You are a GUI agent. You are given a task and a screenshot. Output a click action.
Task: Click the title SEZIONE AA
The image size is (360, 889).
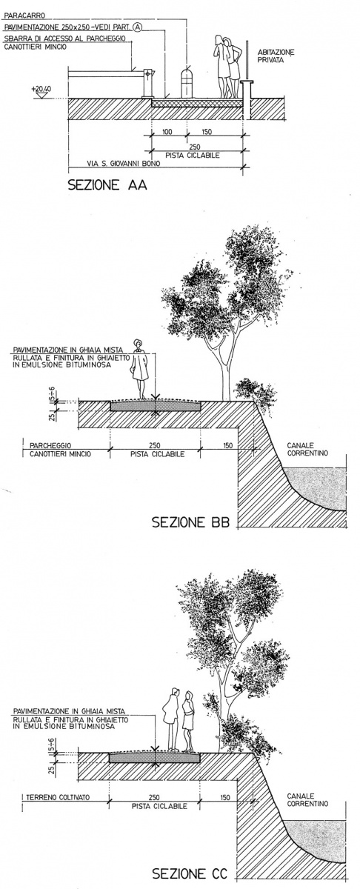click(107, 185)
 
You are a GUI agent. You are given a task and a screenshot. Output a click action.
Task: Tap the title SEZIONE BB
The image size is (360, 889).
click(191, 522)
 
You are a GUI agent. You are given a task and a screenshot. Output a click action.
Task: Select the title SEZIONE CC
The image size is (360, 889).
click(190, 874)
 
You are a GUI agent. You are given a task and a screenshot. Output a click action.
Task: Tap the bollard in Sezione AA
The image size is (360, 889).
click(186, 83)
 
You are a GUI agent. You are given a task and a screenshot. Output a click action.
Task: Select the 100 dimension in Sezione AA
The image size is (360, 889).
click(167, 132)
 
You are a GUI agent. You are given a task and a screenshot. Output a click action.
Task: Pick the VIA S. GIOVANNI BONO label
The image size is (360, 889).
click(124, 163)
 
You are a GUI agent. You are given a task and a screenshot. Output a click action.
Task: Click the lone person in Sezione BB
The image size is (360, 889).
click(139, 369)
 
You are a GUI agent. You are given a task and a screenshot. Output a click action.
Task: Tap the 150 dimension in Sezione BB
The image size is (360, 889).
click(227, 446)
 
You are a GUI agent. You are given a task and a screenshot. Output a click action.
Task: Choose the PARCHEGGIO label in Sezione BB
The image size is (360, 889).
click(50, 446)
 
